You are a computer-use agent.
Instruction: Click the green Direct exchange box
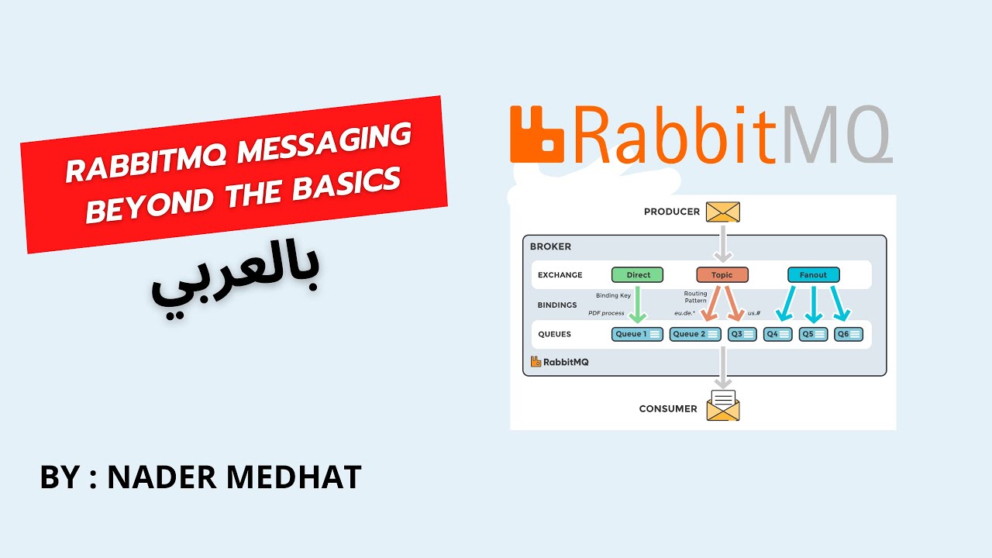pyautogui.click(x=637, y=274)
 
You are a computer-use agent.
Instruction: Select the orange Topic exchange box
pyautogui.click(x=722, y=274)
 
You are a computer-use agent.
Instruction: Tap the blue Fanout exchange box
pyautogui.click(x=813, y=274)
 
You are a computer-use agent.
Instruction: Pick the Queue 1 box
pyautogui.click(x=638, y=334)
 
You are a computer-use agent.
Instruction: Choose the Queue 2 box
pyautogui.click(x=695, y=334)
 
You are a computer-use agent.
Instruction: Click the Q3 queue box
pyautogui.click(x=742, y=334)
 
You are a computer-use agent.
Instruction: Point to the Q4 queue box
pyautogui.click(x=777, y=334)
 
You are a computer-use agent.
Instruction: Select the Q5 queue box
pyautogui.click(x=813, y=334)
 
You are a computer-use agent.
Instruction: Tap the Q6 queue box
pyautogui.click(x=849, y=334)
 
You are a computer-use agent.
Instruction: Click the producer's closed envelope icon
pyautogui.click(x=722, y=212)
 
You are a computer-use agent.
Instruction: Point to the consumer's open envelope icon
pyautogui.click(x=723, y=405)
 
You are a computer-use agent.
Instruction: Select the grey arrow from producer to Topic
pyautogui.click(x=722, y=243)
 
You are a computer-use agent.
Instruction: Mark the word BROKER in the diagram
pyautogui.click(x=550, y=246)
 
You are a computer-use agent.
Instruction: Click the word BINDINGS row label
pyautogui.click(x=557, y=305)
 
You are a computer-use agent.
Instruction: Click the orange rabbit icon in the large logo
pyautogui.click(x=536, y=135)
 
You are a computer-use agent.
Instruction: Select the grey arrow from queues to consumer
pyautogui.click(x=722, y=367)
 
